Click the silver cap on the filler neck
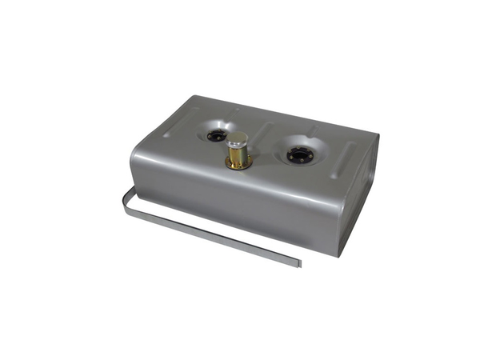238,138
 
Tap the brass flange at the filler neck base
238,164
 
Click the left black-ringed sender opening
216,134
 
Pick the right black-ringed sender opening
299,154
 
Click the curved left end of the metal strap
126,198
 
